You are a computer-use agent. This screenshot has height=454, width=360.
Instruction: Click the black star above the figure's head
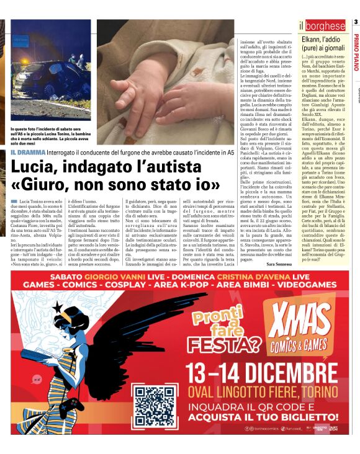tap(58, 307)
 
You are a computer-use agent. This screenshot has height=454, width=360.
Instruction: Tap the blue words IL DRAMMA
tap(28, 153)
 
